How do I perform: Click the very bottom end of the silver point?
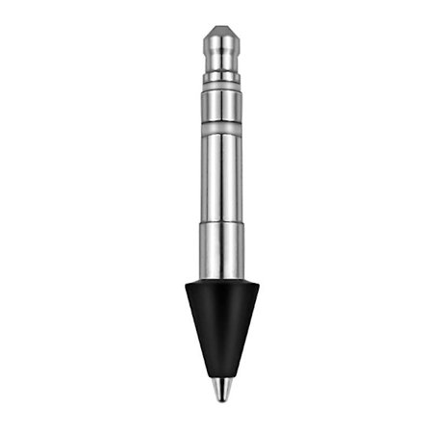[x=220, y=399]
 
